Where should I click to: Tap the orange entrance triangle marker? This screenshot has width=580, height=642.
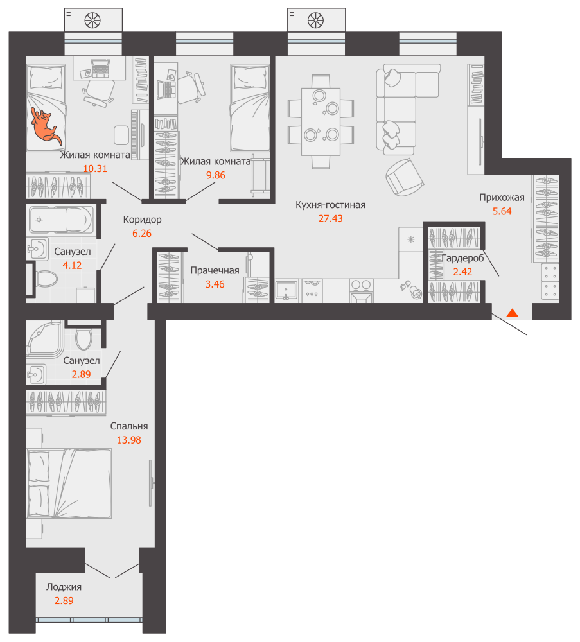tap(513, 313)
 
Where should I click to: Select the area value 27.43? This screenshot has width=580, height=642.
tap(331, 219)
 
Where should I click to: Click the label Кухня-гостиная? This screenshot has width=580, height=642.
tap(331, 205)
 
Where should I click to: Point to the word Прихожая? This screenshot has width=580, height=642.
tap(502, 198)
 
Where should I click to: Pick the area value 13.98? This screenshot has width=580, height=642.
tap(129, 440)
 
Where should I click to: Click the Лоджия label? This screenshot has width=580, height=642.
tap(64, 587)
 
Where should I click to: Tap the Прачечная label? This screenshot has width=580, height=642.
tap(215, 271)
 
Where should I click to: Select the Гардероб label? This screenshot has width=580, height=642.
tap(462, 258)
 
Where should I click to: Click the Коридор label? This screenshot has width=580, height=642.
tap(143, 220)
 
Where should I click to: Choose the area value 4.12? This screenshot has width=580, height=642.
tap(72, 265)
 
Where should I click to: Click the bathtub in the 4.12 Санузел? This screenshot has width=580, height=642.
tap(60, 220)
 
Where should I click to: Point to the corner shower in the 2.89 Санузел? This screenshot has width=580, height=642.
tap(44, 338)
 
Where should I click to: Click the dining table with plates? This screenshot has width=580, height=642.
tap(321, 121)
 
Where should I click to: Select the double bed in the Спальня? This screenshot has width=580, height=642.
tap(69, 483)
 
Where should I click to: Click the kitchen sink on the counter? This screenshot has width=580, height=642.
tap(286, 290)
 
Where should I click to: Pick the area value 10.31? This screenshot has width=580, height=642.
tap(95, 169)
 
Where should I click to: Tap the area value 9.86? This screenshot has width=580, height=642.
tap(216, 175)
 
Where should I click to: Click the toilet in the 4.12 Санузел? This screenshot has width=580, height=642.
tap(46, 279)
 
